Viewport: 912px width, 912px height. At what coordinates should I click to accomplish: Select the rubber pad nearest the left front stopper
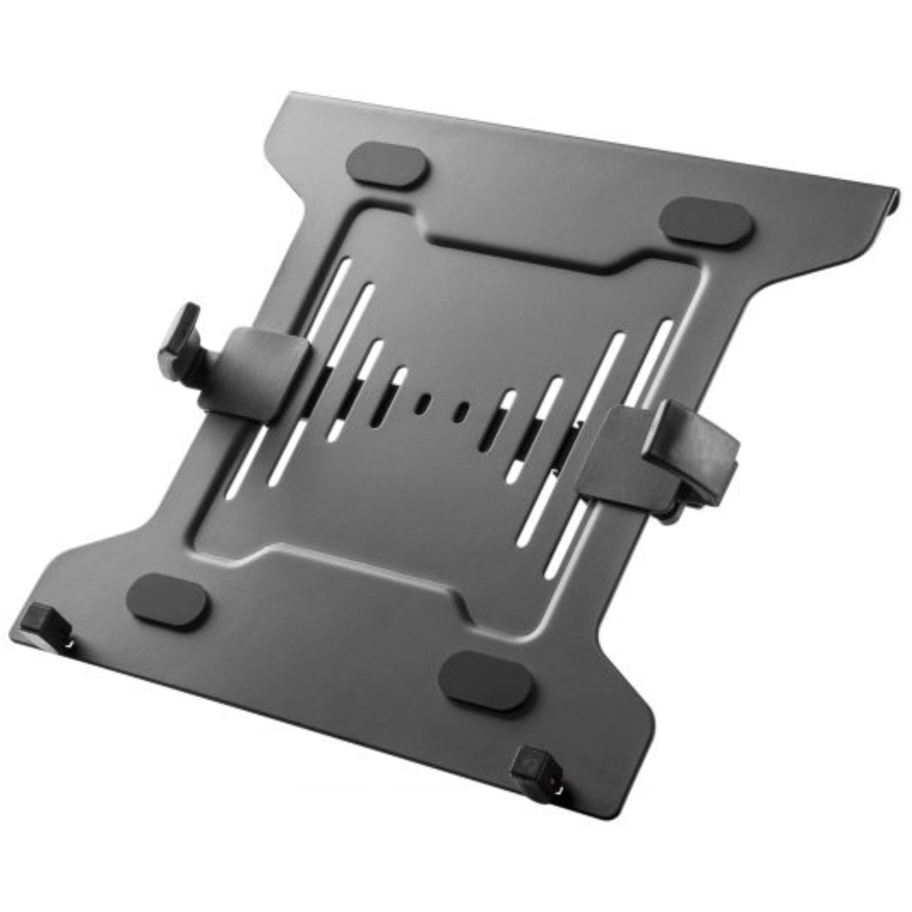tap(168, 602)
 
